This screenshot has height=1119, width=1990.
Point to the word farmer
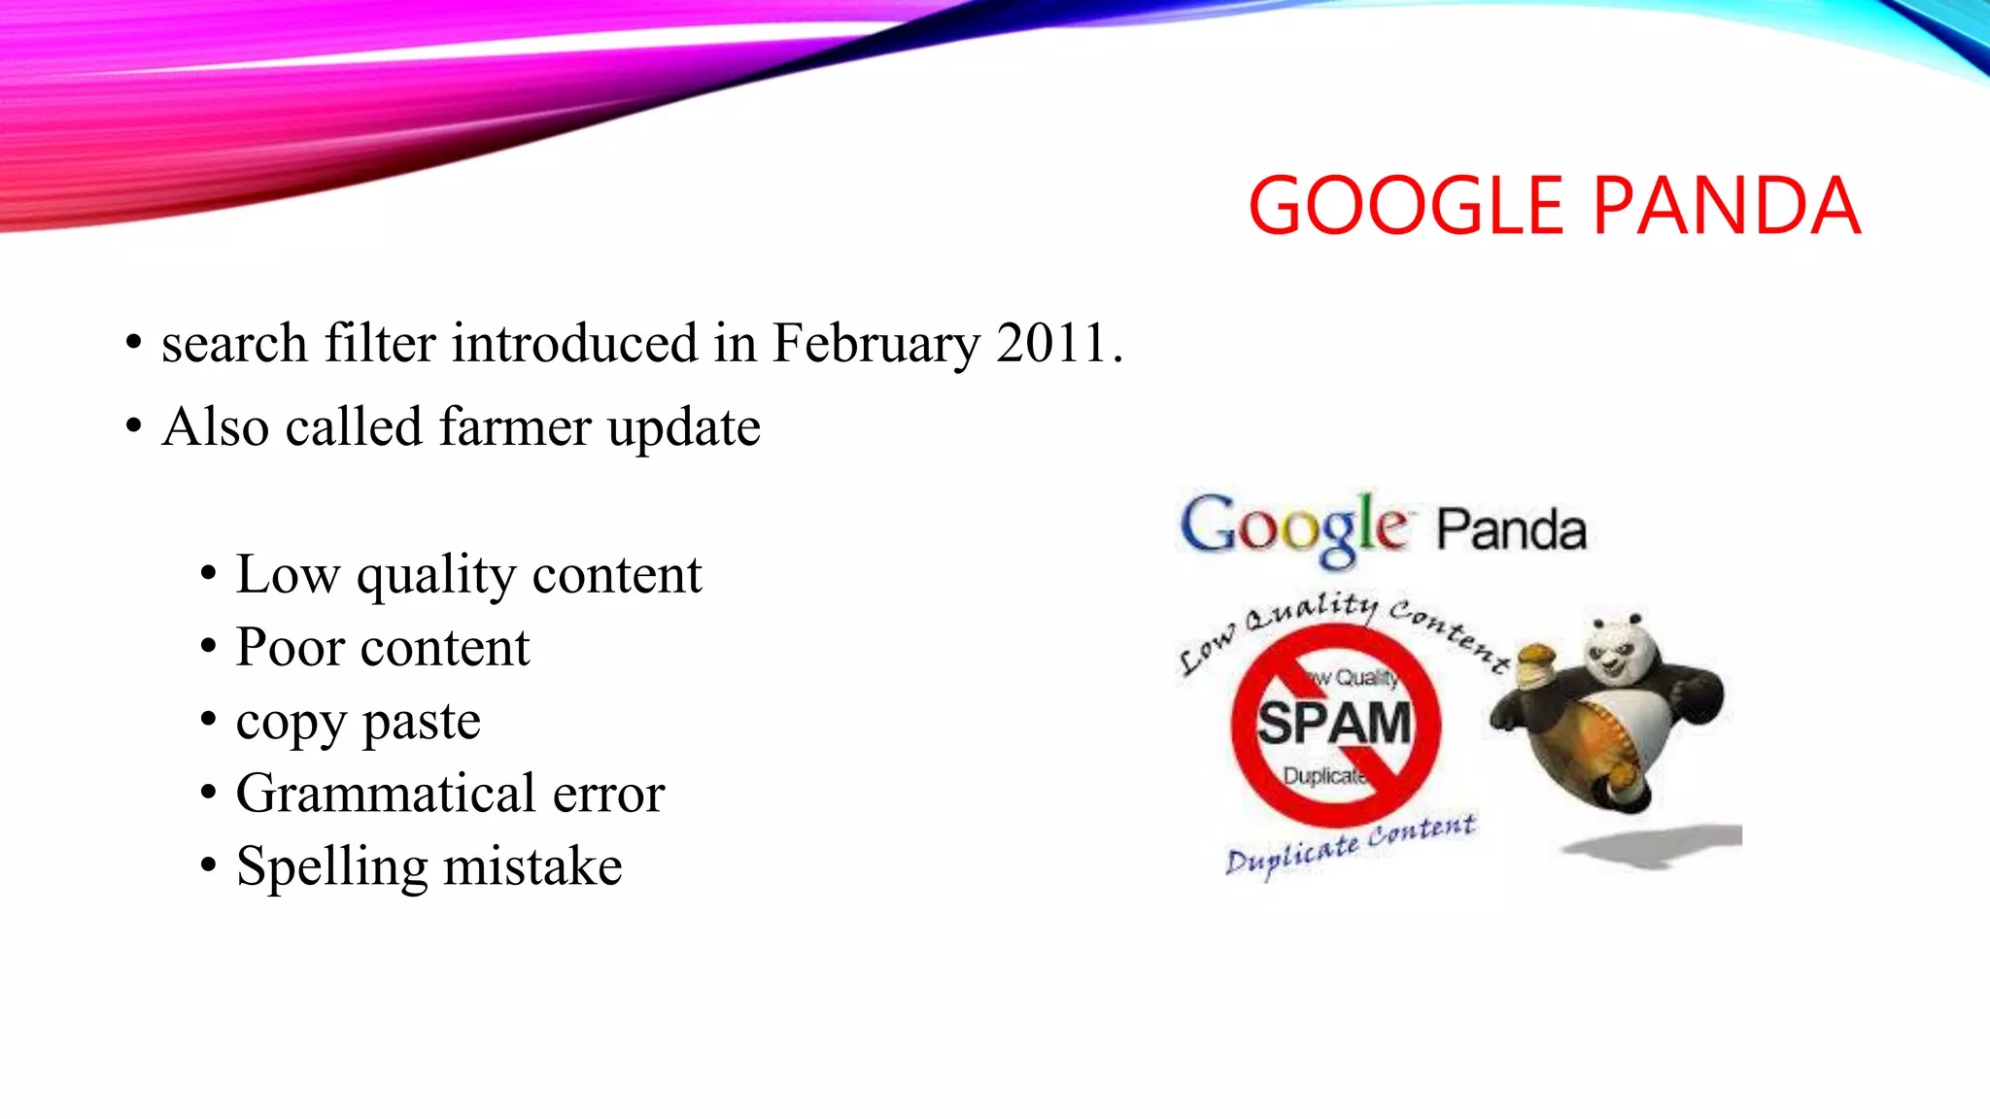click(x=514, y=427)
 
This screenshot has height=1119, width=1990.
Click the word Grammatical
click(x=386, y=794)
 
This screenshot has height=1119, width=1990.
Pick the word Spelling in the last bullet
click(x=331, y=867)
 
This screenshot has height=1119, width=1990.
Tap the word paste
click(x=422, y=722)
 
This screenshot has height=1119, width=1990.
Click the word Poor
click(x=290, y=648)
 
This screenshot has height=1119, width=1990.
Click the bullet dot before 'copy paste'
click(x=208, y=721)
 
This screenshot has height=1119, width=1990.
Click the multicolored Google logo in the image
click(x=1292, y=527)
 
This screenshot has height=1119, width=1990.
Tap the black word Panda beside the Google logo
click(x=1512, y=530)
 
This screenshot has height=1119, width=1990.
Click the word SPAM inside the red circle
click(x=1334, y=724)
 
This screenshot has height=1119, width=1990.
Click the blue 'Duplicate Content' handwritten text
click(x=1351, y=844)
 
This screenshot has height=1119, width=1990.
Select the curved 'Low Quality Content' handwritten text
click(x=1341, y=622)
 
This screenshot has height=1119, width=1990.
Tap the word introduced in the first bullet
click(x=575, y=344)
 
